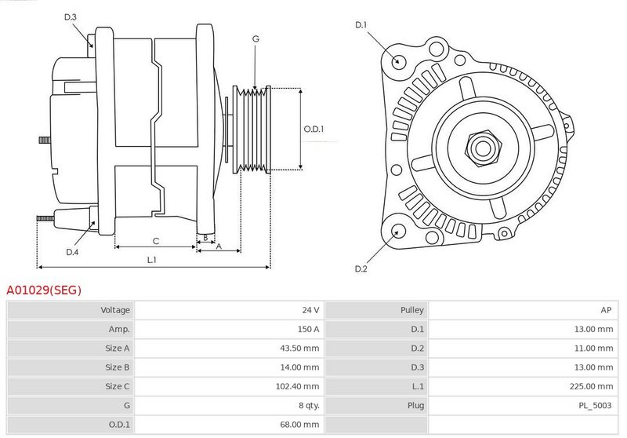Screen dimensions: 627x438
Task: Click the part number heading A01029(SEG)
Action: coord(44,290)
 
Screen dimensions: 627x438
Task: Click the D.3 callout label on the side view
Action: coord(70,16)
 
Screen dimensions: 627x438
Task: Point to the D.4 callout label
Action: coord(72,252)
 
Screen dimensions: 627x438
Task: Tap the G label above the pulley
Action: coord(256,38)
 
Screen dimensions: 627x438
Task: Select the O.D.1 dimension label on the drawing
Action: coord(313,129)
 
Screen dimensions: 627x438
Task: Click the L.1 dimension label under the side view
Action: coord(151,260)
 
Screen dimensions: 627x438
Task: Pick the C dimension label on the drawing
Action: coord(156,241)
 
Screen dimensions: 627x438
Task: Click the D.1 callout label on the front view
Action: coord(361,25)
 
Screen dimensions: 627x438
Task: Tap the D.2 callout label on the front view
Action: coord(361,268)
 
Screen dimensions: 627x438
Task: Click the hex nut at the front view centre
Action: coord(483,148)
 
